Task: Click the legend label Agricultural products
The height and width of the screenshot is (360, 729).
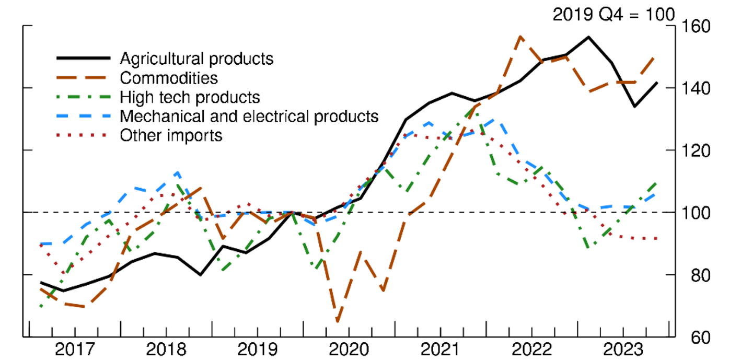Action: [x=196, y=58]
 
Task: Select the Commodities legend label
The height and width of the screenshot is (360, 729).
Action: [x=168, y=78]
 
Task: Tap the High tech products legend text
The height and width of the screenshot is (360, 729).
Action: [x=190, y=97]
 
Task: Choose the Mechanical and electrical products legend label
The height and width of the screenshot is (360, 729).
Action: [x=249, y=115]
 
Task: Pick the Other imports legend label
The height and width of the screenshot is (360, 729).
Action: [x=171, y=135]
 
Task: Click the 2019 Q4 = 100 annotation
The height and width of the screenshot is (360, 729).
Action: [x=614, y=14]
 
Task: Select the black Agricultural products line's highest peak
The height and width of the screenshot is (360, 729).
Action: [x=589, y=37]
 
